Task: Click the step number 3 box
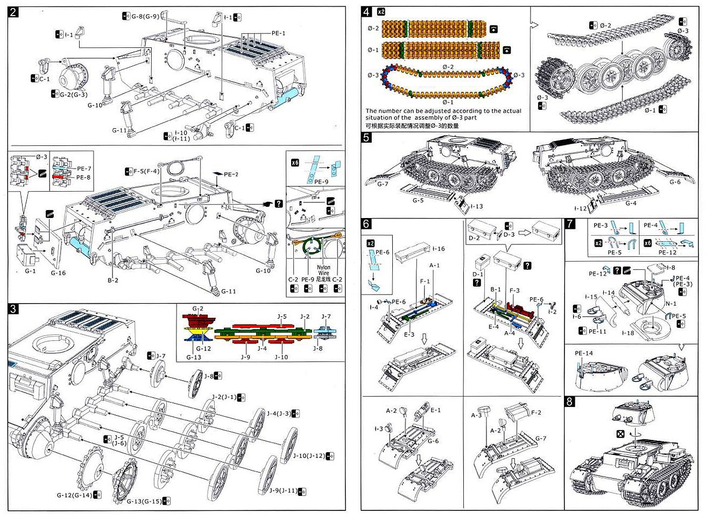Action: pyautogui.click(x=14, y=308)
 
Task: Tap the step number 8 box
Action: pyautogui.click(x=570, y=401)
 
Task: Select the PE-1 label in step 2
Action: pyautogui.click(x=278, y=33)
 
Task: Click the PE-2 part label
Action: pyautogui.click(x=231, y=174)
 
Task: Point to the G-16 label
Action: pyautogui.click(x=58, y=273)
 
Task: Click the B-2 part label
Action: pyautogui.click(x=112, y=280)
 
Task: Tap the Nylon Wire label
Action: pyautogui.click(x=323, y=270)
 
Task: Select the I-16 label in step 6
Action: pyautogui.click(x=439, y=249)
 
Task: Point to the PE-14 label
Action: pyautogui.click(x=583, y=354)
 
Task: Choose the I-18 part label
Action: pyautogui.click(x=627, y=333)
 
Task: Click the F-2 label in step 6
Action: pyautogui.click(x=536, y=412)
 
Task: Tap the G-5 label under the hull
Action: pyautogui.click(x=418, y=200)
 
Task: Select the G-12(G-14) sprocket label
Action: pyautogui.click(x=75, y=495)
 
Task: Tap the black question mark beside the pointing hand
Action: pyautogui.click(x=278, y=204)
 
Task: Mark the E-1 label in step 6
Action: pyautogui.click(x=435, y=410)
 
